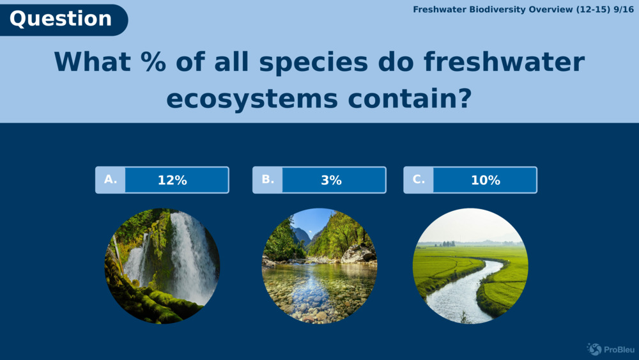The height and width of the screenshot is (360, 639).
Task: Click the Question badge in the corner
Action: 61,19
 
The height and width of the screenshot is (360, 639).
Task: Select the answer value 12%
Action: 173,180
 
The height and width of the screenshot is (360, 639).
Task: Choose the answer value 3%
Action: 331,180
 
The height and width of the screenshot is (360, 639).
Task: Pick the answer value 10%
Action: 485,180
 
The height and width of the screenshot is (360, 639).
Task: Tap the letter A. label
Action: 111,180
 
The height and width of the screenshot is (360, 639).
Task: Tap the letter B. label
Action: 268,180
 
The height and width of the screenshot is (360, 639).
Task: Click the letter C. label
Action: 419,180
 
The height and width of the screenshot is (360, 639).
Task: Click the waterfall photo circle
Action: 162,266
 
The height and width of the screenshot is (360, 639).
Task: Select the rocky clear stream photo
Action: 319,266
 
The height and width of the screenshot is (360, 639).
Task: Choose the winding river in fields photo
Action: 470,266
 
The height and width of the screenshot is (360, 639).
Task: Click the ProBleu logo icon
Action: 594,349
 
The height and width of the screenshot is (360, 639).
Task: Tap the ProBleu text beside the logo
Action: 617,349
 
